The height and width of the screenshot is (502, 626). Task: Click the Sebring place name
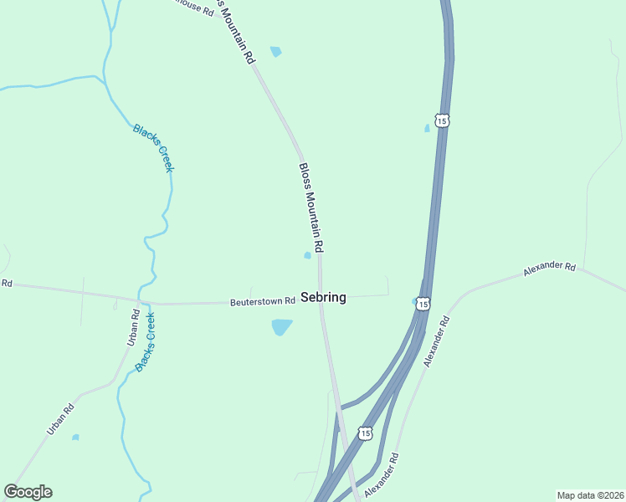(323, 297)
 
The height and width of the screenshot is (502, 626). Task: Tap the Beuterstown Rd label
(263, 301)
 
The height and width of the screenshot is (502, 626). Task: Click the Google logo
(28, 491)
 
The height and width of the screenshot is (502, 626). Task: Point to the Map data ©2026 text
(589, 495)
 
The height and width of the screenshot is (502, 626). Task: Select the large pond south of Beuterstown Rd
(281, 326)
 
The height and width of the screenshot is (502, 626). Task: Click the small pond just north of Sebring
(307, 255)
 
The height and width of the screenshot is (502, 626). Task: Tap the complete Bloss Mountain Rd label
(311, 207)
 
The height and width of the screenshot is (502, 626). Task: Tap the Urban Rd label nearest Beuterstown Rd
(133, 327)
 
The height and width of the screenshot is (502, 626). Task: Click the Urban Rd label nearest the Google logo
(60, 419)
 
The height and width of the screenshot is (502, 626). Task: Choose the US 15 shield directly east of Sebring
(423, 303)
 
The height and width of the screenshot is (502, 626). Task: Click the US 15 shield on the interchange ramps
(364, 433)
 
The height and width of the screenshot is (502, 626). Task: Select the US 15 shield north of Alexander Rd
(442, 120)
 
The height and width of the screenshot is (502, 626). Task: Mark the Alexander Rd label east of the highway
(550, 269)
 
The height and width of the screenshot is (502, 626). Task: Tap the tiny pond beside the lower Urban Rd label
(75, 437)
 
